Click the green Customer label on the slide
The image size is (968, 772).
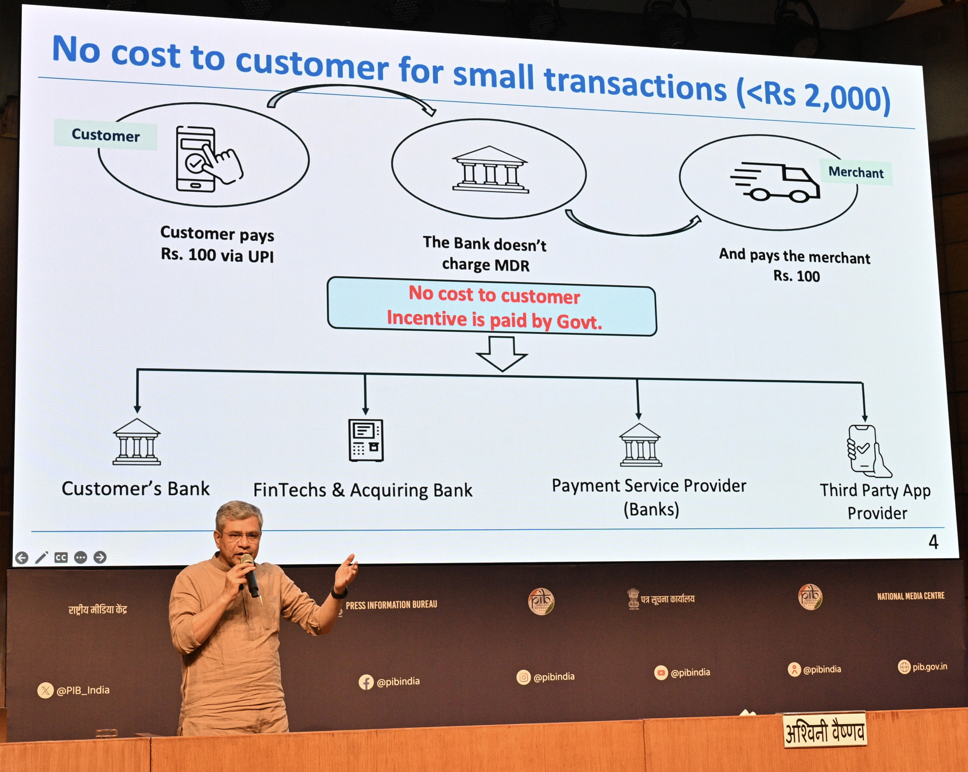coord(106,135)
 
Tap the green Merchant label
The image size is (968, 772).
coord(856,172)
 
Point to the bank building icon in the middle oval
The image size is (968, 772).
coord(490,169)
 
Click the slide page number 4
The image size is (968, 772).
coord(933,542)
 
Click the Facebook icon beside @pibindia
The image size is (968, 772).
coord(366,682)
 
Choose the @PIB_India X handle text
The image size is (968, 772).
coord(83,690)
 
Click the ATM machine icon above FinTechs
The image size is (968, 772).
coord(366,440)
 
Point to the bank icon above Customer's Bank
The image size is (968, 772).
coord(136,442)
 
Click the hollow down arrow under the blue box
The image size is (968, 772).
coord(502,354)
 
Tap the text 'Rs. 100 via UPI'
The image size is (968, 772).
coord(217,256)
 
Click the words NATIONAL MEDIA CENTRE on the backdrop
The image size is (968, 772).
coord(910,596)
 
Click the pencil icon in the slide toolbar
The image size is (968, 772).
coord(41,557)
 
